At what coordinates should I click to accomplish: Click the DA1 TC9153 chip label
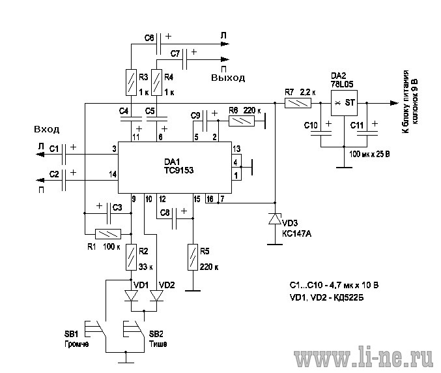179,166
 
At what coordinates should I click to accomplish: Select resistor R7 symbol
298,103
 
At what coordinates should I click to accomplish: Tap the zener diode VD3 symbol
275,218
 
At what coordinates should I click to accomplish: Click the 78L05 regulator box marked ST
344,103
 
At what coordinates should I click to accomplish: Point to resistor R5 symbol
193,257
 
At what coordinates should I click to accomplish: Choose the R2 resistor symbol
131,258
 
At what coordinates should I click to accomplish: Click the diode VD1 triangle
131,296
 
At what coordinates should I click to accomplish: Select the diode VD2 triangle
156,296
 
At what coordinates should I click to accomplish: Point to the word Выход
228,78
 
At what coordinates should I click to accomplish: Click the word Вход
47,129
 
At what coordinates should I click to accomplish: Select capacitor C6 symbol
159,44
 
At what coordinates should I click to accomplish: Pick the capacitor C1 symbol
64,155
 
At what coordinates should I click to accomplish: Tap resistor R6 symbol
242,121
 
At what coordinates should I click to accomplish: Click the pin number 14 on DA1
113,175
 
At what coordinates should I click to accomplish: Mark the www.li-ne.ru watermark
363,359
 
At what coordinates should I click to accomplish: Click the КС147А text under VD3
296,233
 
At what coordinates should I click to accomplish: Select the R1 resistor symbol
108,234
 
